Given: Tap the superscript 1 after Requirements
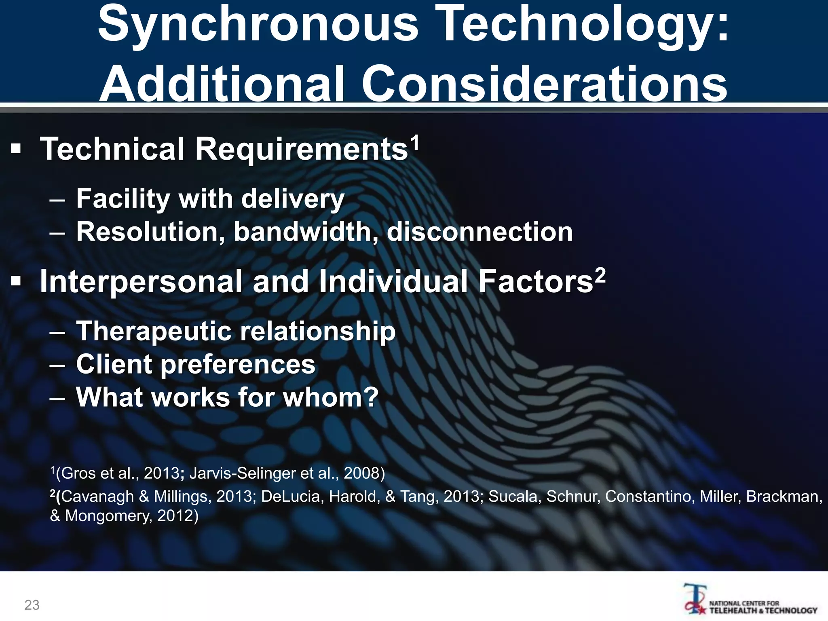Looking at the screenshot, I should coord(415,143).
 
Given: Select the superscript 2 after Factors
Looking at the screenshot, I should coord(600,276).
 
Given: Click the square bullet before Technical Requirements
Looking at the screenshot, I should coord(16,149).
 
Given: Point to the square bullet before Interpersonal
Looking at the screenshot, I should coord(16,281).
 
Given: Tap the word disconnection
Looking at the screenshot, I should coord(479,232).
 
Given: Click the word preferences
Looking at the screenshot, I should coord(238,365).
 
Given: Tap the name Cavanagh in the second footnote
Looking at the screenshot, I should coord(97,496).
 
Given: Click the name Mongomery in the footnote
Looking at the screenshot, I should coord(108,516).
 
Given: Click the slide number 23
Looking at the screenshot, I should coord(32,605).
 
